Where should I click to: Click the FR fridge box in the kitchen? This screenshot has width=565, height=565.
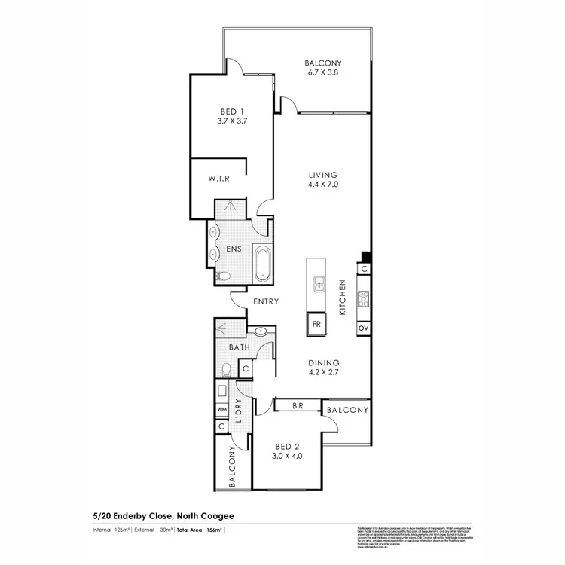pos(316,326)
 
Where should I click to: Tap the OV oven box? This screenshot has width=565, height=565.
pos(363,328)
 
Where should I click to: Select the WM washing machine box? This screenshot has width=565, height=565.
pos(221,409)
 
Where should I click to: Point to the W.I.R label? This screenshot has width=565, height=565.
pos(218,179)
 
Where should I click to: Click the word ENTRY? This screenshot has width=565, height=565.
pos(266,302)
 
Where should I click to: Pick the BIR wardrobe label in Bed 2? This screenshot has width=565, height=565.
pos(297,405)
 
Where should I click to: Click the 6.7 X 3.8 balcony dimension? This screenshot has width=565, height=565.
pos(323,73)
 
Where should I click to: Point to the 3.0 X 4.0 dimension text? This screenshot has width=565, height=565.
pos(287,455)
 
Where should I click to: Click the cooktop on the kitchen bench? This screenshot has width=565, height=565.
pos(363,299)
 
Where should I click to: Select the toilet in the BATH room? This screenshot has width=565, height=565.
pos(227,369)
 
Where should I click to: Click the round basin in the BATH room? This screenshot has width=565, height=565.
pos(261,331)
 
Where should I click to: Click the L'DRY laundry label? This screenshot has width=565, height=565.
pos(237,411)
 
